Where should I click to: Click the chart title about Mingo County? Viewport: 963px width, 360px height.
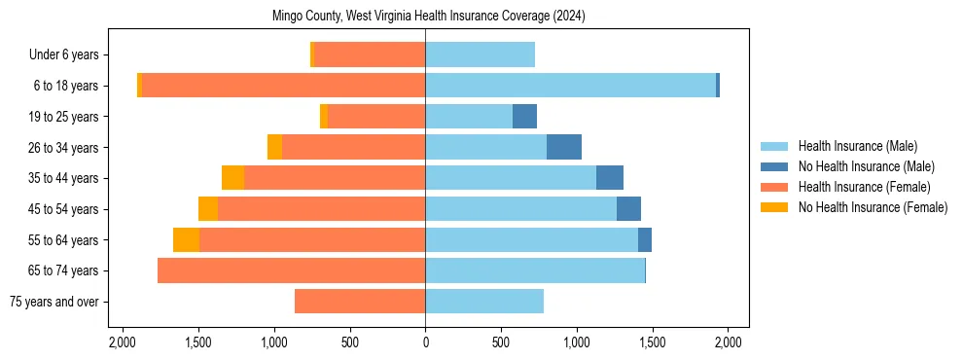(x=426, y=16)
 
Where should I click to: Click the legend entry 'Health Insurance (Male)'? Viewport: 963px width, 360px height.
(x=858, y=146)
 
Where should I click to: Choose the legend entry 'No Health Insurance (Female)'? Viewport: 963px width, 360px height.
(x=873, y=207)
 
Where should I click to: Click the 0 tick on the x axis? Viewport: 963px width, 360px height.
(x=425, y=342)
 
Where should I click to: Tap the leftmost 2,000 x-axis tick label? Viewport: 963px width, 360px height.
(x=122, y=342)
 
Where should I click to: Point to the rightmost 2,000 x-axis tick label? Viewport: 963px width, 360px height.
(x=729, y=342)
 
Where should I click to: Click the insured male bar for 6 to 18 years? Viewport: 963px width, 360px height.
(x=570, y=86)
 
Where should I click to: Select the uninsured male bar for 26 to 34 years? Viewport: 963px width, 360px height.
(x=564, y=147)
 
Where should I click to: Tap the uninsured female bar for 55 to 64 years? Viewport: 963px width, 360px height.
(x=186, y=239)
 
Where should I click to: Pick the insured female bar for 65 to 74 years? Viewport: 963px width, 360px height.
(x=291, y=270)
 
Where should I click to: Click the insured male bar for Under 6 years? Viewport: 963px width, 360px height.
(x=480, y=55)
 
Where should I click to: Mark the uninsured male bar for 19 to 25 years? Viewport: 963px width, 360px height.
(x=524, y=117)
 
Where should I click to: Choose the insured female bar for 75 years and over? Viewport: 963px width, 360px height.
(x=360, y=302)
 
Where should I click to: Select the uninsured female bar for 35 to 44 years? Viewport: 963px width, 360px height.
(x=232, y=178)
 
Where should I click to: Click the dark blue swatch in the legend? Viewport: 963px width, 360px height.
(x=774, y=166)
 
